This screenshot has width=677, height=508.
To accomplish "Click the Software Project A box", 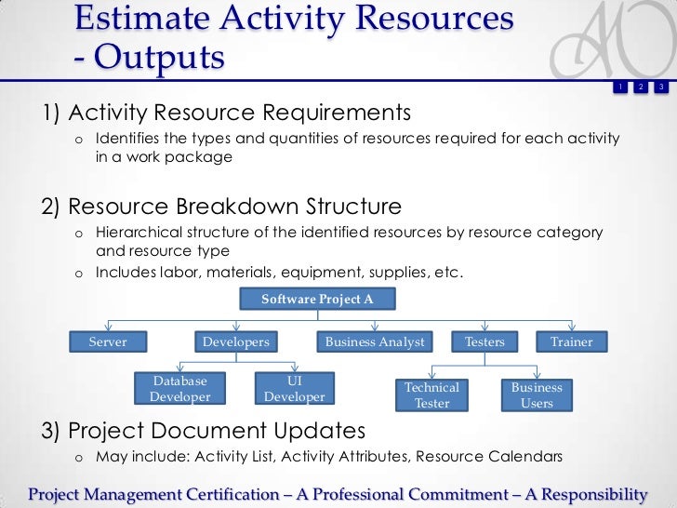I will (x=318, y=299).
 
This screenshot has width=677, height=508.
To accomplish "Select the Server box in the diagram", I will (x=108, y=342).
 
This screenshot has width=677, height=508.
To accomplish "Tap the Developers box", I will (x=236, y=342).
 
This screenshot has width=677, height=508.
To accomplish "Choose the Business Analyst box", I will (x=374, y=342).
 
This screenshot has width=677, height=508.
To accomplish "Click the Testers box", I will (x=485, y=342).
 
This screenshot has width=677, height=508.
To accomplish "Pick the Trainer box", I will (x=571, y=342).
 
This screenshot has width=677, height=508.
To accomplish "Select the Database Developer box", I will (x=180, y=389).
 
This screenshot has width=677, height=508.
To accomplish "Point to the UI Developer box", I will (x=294, y=389).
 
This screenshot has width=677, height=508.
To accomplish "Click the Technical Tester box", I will (x=431, y=395).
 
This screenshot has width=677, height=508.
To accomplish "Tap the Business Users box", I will (x=537, y=395).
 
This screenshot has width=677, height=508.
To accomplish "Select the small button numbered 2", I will (x=640, y=87).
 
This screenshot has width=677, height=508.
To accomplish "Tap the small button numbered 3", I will (x=660, y=87).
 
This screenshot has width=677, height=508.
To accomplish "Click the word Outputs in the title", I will (x=158, y=58).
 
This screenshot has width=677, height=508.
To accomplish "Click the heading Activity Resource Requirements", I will (x=239, y=113).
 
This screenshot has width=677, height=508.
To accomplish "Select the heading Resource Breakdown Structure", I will (x=234, y=206).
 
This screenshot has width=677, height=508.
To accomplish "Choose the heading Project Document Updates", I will (x=216, y=431).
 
